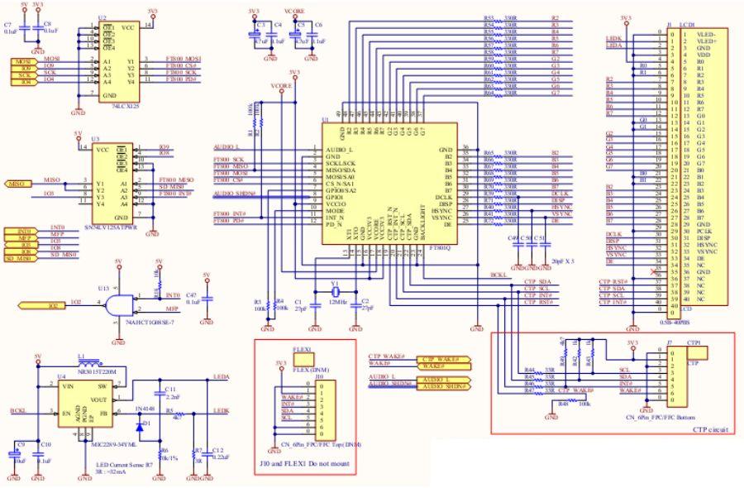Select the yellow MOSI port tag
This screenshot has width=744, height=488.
(x=21, y=60)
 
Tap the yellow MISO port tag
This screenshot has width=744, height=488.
(x=18, y=183)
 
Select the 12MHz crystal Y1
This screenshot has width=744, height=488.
(x=335, y=290)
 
